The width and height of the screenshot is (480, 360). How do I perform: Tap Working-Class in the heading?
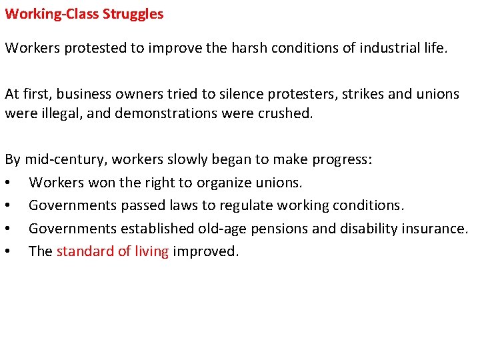point(50,14)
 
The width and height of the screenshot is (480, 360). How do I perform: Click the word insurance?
point(433,229)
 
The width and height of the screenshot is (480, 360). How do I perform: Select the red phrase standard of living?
point(113,251)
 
